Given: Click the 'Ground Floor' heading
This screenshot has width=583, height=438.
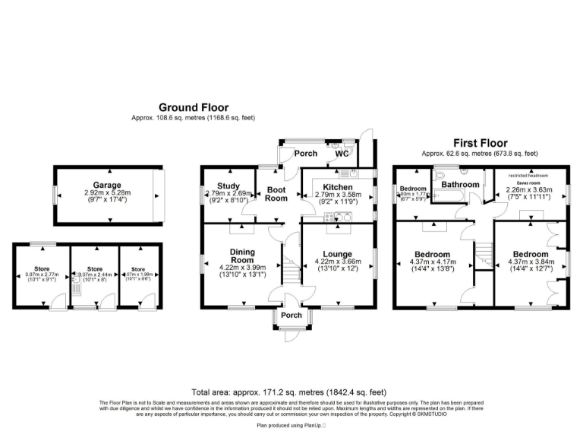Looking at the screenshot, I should [x=193, y=108].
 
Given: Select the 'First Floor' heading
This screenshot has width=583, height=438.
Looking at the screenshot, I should [x=480, y=143].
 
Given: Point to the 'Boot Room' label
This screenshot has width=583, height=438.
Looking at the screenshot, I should [x=276, y=193].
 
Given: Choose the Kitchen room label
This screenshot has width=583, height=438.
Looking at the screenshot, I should [x=337, y=186].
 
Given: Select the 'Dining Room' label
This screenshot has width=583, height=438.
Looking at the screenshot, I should [x=242, y=256].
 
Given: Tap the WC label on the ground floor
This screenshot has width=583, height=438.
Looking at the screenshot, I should [x=342, y=154].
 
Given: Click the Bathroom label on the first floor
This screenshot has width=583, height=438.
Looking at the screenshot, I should [x=461, y=185].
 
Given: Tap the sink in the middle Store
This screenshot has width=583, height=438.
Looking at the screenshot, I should [x=77, y=287].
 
